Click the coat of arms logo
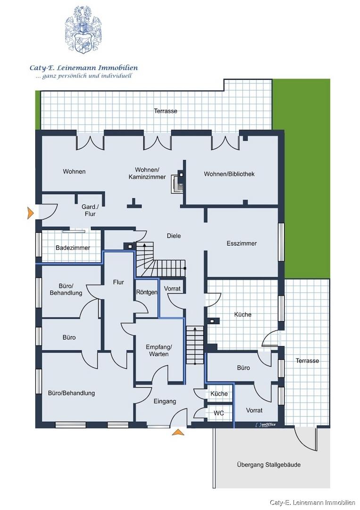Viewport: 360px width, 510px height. point(84,29)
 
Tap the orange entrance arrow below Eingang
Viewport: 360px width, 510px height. point(178,432)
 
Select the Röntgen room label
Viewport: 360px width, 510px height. point(147,292)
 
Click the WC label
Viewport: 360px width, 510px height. point(218,413)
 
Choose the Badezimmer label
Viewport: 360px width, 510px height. point(73,248)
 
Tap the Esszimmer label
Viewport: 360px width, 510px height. point(242,243)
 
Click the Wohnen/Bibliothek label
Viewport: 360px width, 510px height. point(229,174)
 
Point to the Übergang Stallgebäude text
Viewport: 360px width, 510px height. point(268,465)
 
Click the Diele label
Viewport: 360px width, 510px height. point(174,236)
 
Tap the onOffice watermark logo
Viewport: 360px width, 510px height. point(265,425)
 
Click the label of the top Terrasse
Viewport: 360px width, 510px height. point(166,111)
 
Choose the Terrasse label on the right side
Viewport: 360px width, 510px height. point(307,361)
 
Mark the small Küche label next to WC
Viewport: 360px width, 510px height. point(219,393)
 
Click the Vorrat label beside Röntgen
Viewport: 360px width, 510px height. point(172,289)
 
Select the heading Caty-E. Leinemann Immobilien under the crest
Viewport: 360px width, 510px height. point(84,68)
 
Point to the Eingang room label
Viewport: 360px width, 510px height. point(165,401)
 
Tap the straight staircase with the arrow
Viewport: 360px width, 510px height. point(194,345)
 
